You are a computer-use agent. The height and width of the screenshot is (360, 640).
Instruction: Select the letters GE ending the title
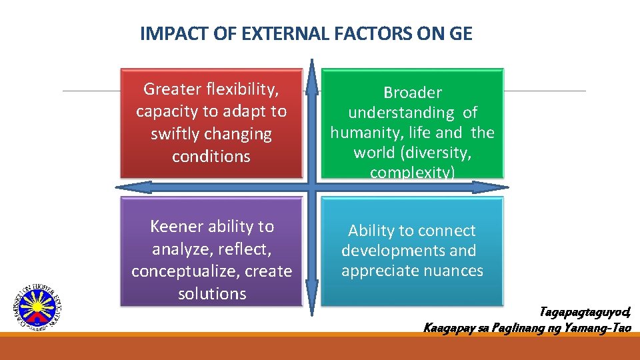coord(460,34)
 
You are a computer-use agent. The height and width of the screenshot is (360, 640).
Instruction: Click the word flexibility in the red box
coord(239,89)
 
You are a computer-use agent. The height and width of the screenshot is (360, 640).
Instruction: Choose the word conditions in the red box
coord(211,157)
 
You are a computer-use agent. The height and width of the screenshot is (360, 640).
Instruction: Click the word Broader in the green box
coord(413,93)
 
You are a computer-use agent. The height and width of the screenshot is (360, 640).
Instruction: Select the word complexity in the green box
coord(413,173)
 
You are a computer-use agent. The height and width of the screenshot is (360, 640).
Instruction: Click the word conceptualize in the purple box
coord(193,271)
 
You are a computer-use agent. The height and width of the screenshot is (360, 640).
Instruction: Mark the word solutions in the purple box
coord(212,294)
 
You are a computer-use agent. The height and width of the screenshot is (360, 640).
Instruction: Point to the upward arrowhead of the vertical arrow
coord(311,77)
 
